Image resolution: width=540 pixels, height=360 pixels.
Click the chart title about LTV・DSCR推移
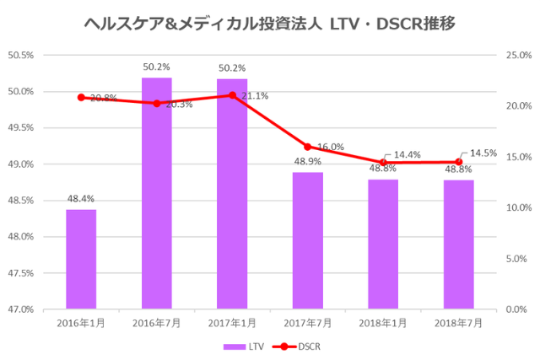(270, 24)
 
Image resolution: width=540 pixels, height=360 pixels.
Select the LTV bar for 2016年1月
(81, 259)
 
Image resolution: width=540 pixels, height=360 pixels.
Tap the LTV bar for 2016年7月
(156, 193)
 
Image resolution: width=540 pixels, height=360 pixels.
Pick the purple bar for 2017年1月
(232, 194)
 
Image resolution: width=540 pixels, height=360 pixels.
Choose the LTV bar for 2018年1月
(383, 244)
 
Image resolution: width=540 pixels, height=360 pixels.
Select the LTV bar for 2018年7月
(458, 244)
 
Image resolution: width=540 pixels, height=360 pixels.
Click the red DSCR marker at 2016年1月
(81, 97)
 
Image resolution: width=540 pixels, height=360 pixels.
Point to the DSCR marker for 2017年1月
(232, 95)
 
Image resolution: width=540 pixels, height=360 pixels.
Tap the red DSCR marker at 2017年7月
(307, 147)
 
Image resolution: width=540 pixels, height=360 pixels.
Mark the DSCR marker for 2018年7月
(458, 162)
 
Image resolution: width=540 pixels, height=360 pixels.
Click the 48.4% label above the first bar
(81, 199)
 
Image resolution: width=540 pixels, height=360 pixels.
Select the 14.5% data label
(483, 153)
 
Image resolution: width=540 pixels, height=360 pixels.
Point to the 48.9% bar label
(307, 161)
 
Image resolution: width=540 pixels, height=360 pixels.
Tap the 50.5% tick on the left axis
(20, 56)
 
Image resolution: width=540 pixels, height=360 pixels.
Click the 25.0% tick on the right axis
(517, 56)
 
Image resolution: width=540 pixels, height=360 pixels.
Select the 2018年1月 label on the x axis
(383, 323)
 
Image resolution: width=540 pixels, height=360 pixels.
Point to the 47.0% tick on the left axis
(20, 309)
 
